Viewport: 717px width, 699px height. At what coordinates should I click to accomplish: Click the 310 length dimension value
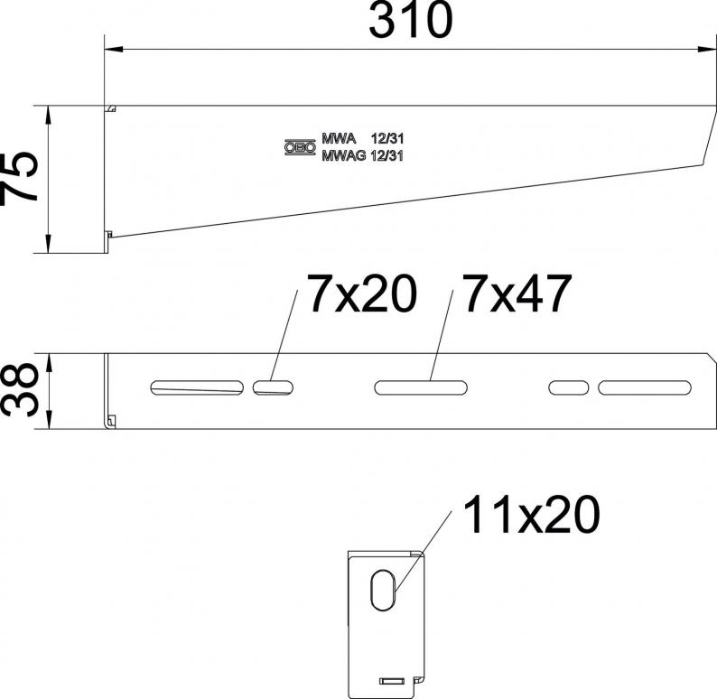click(x=411, y=20)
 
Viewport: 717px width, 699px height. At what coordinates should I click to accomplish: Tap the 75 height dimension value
click(x=19, y=179)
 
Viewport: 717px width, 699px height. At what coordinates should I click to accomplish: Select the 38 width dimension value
click(x=19, y=389)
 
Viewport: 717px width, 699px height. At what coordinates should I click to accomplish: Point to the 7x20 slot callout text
click(x=362, y=294)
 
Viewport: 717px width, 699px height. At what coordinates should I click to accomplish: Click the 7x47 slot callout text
click(x=517, y=294)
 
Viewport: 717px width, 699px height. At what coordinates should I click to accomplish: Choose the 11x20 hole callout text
click(x=531, y=515)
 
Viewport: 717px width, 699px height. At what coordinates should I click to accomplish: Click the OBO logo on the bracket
click(x=301, y=147)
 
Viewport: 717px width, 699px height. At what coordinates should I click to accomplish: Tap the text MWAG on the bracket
click(x=344, y=156)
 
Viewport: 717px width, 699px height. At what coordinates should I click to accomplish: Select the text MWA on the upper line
click(x=339, y=138)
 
